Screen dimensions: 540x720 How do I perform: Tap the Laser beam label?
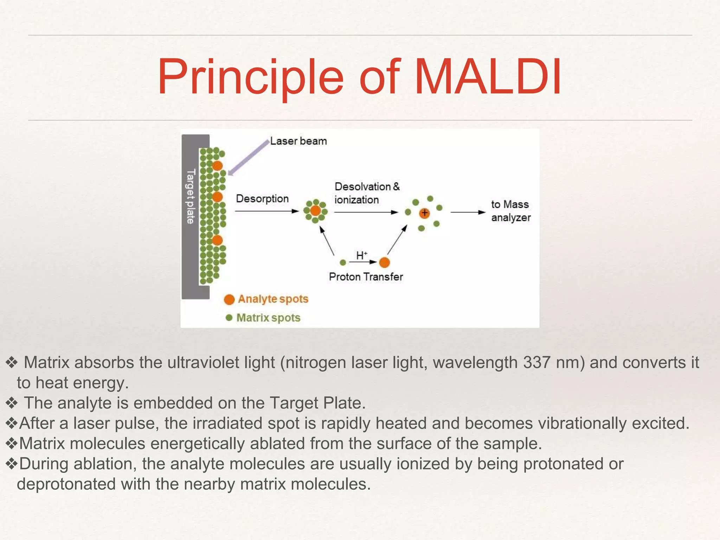[298, 141]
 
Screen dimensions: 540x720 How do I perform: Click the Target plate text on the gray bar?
[190, 197]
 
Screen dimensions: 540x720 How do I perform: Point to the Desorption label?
[262, 199]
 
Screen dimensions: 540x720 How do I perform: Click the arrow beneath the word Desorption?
[266, 211]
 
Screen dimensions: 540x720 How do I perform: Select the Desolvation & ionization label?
[367, 193]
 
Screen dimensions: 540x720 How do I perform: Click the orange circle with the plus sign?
[425, 213]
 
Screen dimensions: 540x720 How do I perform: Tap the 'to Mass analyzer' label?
[510, 211]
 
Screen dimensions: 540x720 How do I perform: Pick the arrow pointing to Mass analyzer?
[468, 212]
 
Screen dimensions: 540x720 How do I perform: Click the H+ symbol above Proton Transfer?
[361, 256]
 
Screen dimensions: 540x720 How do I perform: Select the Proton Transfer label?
[366, 277]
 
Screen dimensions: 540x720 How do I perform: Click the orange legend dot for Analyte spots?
[229, 300]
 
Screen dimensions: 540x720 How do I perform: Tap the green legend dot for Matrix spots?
[229, 318]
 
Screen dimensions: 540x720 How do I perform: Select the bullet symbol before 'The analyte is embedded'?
[12, 403]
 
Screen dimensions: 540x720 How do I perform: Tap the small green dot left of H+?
[343, 263]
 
